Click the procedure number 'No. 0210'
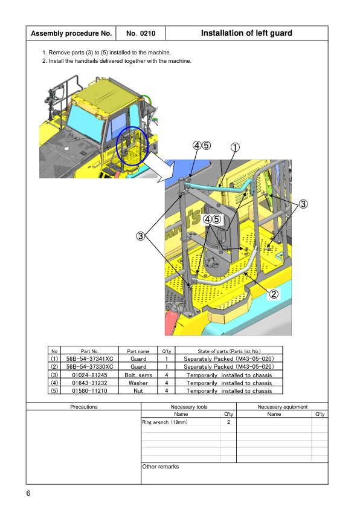pos(141,33)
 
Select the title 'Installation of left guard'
pos(246,33)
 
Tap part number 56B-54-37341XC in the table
pos(89,358)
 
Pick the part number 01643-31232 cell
pos(89,383)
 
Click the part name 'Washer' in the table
pos(138,383)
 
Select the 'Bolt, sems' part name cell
pos(138,375)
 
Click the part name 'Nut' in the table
pos(138,391)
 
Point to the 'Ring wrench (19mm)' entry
pos(165,422)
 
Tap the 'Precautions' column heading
pos(84,407)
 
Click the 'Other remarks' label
pos(161,467)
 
